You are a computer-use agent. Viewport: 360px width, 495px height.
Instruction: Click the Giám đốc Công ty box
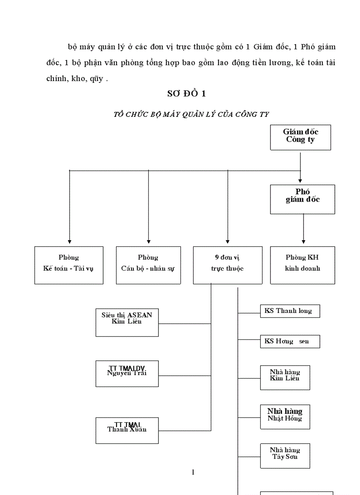(300, 137)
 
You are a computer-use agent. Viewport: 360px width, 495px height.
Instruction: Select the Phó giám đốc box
(303, 199)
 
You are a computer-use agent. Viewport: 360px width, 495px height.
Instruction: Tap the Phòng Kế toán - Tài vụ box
(69, 265)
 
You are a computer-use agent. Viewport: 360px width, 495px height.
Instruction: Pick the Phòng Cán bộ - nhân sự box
(148, 265)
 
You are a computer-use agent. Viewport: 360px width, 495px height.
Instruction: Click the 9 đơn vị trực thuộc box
(228, 265)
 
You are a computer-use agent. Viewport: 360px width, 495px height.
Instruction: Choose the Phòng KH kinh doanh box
(303, 265)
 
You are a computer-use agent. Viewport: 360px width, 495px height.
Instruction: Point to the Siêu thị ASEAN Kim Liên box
(127, 322)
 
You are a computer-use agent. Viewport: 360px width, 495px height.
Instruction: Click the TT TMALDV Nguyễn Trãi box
(127, 373)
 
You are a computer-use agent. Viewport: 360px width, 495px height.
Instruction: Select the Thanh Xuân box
(127, 430)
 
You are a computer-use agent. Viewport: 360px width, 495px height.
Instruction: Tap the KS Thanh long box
(290, 311)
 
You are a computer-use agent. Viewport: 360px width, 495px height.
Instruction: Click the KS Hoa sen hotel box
(290, 342)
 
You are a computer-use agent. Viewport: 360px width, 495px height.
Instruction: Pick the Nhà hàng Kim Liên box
(285, 377)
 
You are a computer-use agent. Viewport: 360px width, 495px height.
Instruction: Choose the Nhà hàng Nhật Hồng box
(285, 417)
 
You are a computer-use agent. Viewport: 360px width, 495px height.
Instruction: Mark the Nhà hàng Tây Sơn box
(285, 455)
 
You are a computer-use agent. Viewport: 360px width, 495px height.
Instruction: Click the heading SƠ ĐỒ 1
(186, 93)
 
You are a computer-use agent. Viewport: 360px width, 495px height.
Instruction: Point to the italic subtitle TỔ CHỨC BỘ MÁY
(191, 114)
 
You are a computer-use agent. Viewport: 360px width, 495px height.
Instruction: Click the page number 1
(193, 473)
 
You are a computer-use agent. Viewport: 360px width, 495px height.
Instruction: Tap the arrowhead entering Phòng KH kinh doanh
(303, 242)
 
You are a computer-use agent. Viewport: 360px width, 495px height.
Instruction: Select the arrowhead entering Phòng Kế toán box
(69, 242)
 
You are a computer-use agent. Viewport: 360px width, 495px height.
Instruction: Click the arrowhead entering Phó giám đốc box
(300, 180)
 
